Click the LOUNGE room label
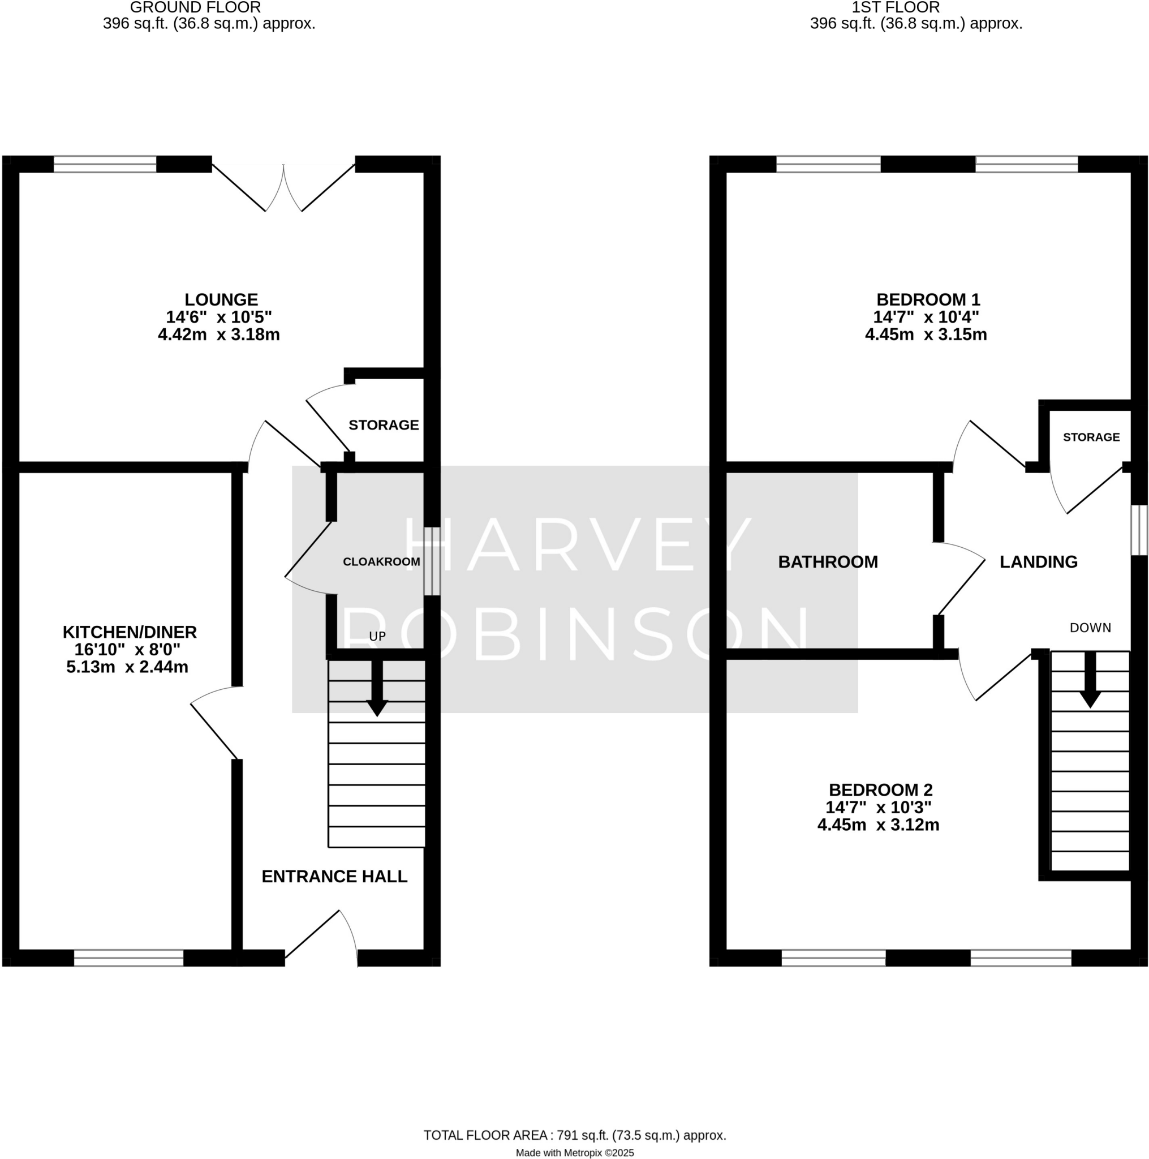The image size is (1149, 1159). pyautogui.click(x=221, y=299)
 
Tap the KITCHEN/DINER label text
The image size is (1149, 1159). pyautogui.click(x=130, y=632)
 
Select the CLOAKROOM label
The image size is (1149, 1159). pyautogui.click(x=381, y=561)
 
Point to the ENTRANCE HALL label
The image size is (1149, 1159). pyautogui.click(x=334, y=877)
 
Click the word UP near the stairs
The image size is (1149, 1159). pyautogui.click(x=377, y=637)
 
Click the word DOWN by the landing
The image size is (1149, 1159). pyautogui.click(x=1090, y=628)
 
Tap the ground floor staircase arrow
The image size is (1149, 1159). pyautogui.click(x=377, y=690)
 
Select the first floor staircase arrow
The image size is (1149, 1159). pyautogui.click(x=1090, y=681)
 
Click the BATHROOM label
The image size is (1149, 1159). pyautogui.click(x=828, y=561)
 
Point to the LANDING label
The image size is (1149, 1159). pyautogui.click(x=1038, y=561)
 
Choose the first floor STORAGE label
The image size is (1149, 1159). pyautogui.click(x=1091, y=437)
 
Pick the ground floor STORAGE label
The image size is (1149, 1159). pyautogui.click(x=383, y=425)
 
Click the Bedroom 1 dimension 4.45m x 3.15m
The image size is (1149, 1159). pyautogui.click(x=926, y=334)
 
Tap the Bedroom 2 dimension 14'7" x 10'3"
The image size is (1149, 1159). pyautogui.click(x=878, y=807)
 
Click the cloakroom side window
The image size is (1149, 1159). pyautogui.click(x=432, y=561)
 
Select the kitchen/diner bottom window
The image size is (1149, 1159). pyautogui.click(x=128, y=958)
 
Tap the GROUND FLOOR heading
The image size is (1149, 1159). pyautogui.click(x=195, y=8)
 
